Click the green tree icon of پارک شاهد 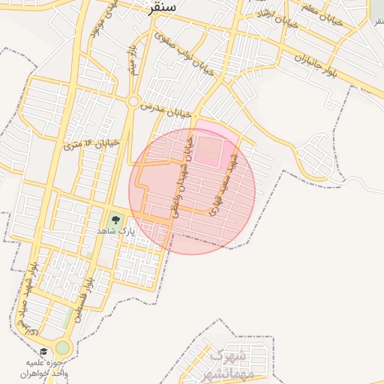point(115,220)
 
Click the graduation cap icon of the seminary point(43,351)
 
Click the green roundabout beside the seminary point(62,348)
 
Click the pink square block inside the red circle point(210,149)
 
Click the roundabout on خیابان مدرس point(133,101)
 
